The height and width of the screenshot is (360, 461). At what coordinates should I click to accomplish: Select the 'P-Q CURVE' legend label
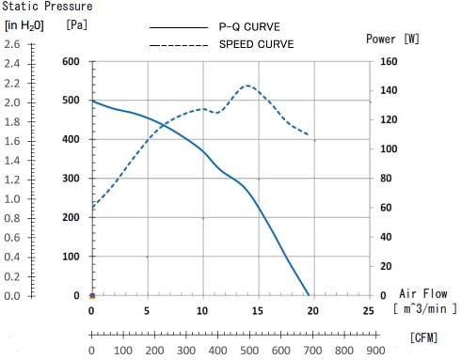tap(250, 27)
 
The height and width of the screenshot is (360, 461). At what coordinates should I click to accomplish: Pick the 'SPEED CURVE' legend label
tap(256, 43)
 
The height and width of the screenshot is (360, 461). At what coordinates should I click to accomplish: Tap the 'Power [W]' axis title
tap(393, 39)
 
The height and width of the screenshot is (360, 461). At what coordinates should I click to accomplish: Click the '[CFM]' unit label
tap(427, 335)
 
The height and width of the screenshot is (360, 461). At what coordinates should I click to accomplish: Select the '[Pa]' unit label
tap(77, 24)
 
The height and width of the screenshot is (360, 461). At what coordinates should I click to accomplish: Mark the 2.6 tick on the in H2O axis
tap(12, 44)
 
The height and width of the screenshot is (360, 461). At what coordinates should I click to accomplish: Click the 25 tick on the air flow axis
tap(368, 310)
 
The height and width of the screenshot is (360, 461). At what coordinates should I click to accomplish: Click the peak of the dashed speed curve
tap(247, 86)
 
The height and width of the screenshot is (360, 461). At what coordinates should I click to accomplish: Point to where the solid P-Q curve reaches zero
tap(309, 295)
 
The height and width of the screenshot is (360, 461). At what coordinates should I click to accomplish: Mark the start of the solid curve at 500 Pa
tap(91, 101)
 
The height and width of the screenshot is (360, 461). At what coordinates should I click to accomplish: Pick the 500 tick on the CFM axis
tap(247, 352)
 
